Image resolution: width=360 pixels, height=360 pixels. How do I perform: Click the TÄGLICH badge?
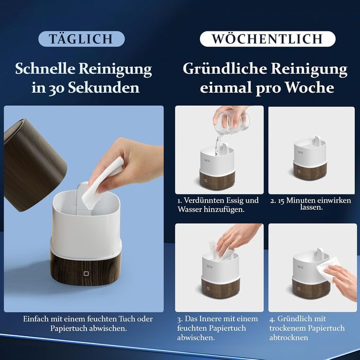(81, 39)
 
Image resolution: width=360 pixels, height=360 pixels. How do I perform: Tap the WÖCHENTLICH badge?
(267, 39)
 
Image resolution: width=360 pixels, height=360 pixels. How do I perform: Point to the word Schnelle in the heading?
(45, 68)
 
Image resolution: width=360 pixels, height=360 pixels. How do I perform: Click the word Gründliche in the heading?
(225, 68)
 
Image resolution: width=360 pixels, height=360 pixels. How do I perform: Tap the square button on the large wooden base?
(86, 274)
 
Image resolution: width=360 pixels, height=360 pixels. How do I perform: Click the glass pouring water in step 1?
(231, 122)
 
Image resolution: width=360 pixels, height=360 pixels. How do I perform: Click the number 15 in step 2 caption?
(281, 201)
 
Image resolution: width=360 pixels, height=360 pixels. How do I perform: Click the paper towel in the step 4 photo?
(328, 271)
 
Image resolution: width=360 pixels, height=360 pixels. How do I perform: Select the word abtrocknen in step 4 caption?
(289, 337)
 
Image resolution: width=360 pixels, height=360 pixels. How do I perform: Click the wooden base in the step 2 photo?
(310, 171)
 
